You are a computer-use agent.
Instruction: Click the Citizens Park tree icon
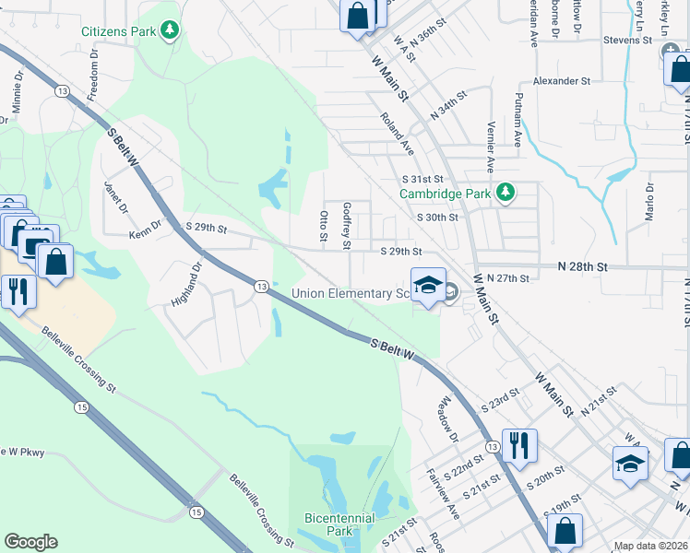pyautogui.click(x=169, y=31)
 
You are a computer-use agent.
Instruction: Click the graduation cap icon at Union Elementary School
pyautogui.click(x=428, y=285)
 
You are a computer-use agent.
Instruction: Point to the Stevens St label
pyautogui.click(x=627, y=41)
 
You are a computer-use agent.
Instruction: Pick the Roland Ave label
pyautogui.click(x=398, y=134)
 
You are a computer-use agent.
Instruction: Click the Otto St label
pyautogui.click(x=324, y=226)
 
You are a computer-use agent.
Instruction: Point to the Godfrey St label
pyautogui.click(x=347, y=227)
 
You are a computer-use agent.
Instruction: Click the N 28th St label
pyautogui.click(x=583, y=265)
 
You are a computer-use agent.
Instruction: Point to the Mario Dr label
pyautogui.click(x=649, y=202)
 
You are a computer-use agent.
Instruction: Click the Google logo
pyautogui.click(x=30, y=542)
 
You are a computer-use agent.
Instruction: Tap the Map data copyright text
pyautogui.click(x=651, y=546)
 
